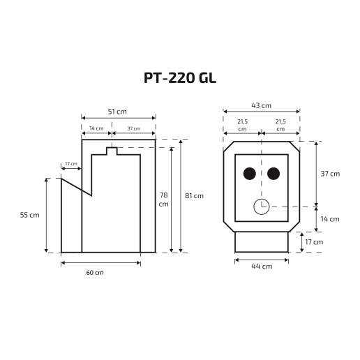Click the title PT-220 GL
point(180,78)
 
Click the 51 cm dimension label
point(117,112)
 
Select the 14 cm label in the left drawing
point(96,128)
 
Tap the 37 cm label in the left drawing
point(133,128)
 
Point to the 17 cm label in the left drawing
point(70,164)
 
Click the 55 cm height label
point(30,215)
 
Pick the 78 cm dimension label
point(163,200)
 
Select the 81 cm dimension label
point(194,196)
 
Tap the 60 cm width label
point(94,272)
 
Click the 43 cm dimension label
point(262,105)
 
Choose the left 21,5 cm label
point(242,126)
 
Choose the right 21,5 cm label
point(280,126)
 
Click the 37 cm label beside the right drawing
point(330,174)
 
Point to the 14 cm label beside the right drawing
point(330,219)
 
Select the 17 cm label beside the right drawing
point(314,242)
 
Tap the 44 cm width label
point(261,267)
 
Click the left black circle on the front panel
point(249,174)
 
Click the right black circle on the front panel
point(273,174)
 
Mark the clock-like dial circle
point(262,207)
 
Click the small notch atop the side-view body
point(112,151)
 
